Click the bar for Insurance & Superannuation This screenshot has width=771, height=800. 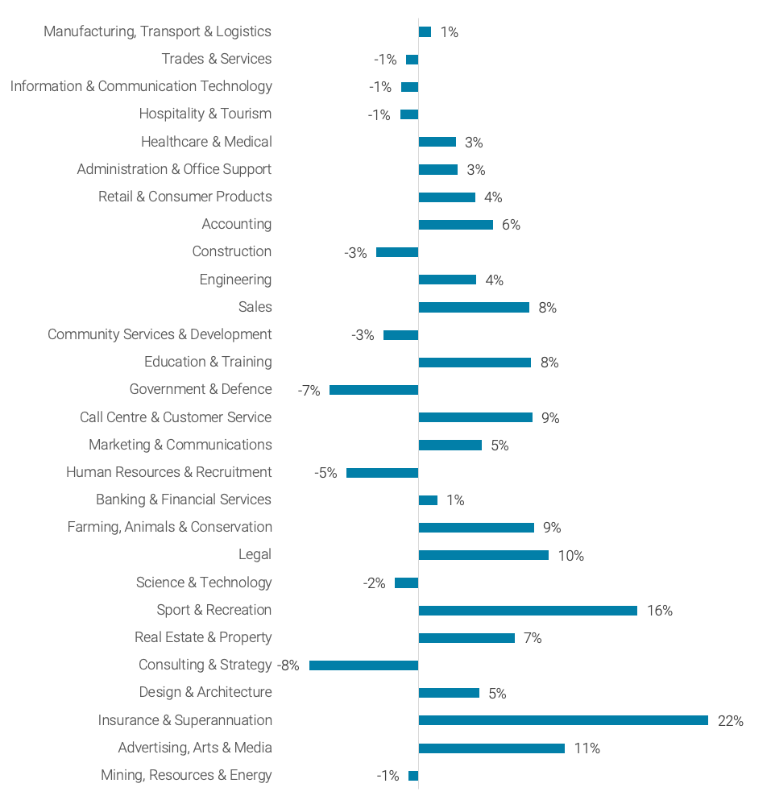[x=563, y=720]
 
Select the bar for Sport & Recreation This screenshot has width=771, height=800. [x=528, y=611]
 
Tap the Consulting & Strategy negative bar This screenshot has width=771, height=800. [x=363, y=665]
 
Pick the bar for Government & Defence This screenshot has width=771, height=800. [x=374, y=390]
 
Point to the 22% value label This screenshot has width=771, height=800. [x=730, y=721]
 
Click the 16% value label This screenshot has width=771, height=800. [x=659, y=611]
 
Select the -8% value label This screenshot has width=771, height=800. [x=288, y=665]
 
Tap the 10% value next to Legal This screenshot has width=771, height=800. [x=570, y=556]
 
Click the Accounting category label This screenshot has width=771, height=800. [x=237, y=224]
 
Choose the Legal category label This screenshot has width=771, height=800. [x=255, y=554]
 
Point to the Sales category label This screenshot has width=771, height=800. [x=255, y=307]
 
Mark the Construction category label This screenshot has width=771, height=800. [x=232, y=251]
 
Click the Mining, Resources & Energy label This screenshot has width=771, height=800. [x=186, y=775]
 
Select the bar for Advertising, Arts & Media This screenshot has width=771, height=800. [x=491, y=748]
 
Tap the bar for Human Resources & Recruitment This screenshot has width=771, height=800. [x=382, y=473]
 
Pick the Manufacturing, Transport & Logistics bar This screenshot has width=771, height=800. [x=425, y=32]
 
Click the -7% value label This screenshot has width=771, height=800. [x=309, y=391]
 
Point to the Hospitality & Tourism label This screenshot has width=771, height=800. [x=205, y=114]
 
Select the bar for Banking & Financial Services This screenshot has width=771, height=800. [x=428, y=500]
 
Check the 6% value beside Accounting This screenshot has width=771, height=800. [x=511, y=225]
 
